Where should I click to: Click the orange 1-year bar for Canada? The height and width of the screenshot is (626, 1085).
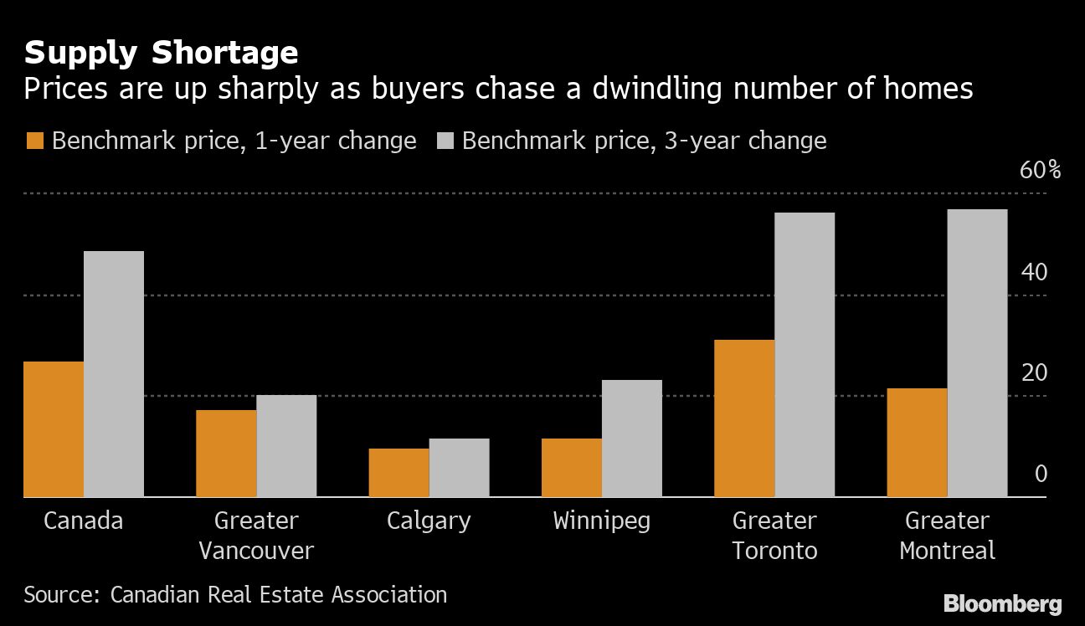click(x=54, y=429)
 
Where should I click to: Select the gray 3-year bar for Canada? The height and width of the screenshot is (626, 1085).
click(x=114, y=374)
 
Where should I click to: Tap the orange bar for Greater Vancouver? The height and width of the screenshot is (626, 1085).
click(x=226, y=454)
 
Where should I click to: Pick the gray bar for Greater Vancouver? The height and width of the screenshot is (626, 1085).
click(x=286, y=446)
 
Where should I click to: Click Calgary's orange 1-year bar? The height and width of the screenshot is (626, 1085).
click(x=399, y=473)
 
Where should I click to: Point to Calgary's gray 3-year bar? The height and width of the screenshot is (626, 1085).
click(x=459, y=468)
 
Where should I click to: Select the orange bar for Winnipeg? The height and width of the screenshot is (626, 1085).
click(x=571, y=468)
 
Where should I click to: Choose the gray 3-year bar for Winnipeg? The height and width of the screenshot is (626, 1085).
click(x=631, y=439)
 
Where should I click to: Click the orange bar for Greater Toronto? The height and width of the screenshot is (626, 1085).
click(x=743, y=418)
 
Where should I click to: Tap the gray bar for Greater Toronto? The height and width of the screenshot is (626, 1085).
click(x=804, y=355)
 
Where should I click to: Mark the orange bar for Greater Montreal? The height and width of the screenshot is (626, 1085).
click(x=917, y=443)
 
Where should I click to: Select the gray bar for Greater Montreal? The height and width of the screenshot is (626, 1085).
click(x=977, y=353)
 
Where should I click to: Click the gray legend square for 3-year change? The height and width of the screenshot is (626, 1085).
click(x=444, y=141)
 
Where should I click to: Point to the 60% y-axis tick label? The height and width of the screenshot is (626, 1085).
click(x=1040, y=171)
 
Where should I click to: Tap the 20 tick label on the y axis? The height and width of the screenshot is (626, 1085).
click(x=1035, y=372)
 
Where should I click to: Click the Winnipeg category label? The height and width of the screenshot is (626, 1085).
click(x=601, y=521)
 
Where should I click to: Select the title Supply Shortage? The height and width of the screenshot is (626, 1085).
click(x=161, y=53)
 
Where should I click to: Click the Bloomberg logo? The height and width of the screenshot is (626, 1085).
click(x=1002, y=603)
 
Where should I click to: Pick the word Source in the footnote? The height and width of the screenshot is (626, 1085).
click(x=59, y=595)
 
